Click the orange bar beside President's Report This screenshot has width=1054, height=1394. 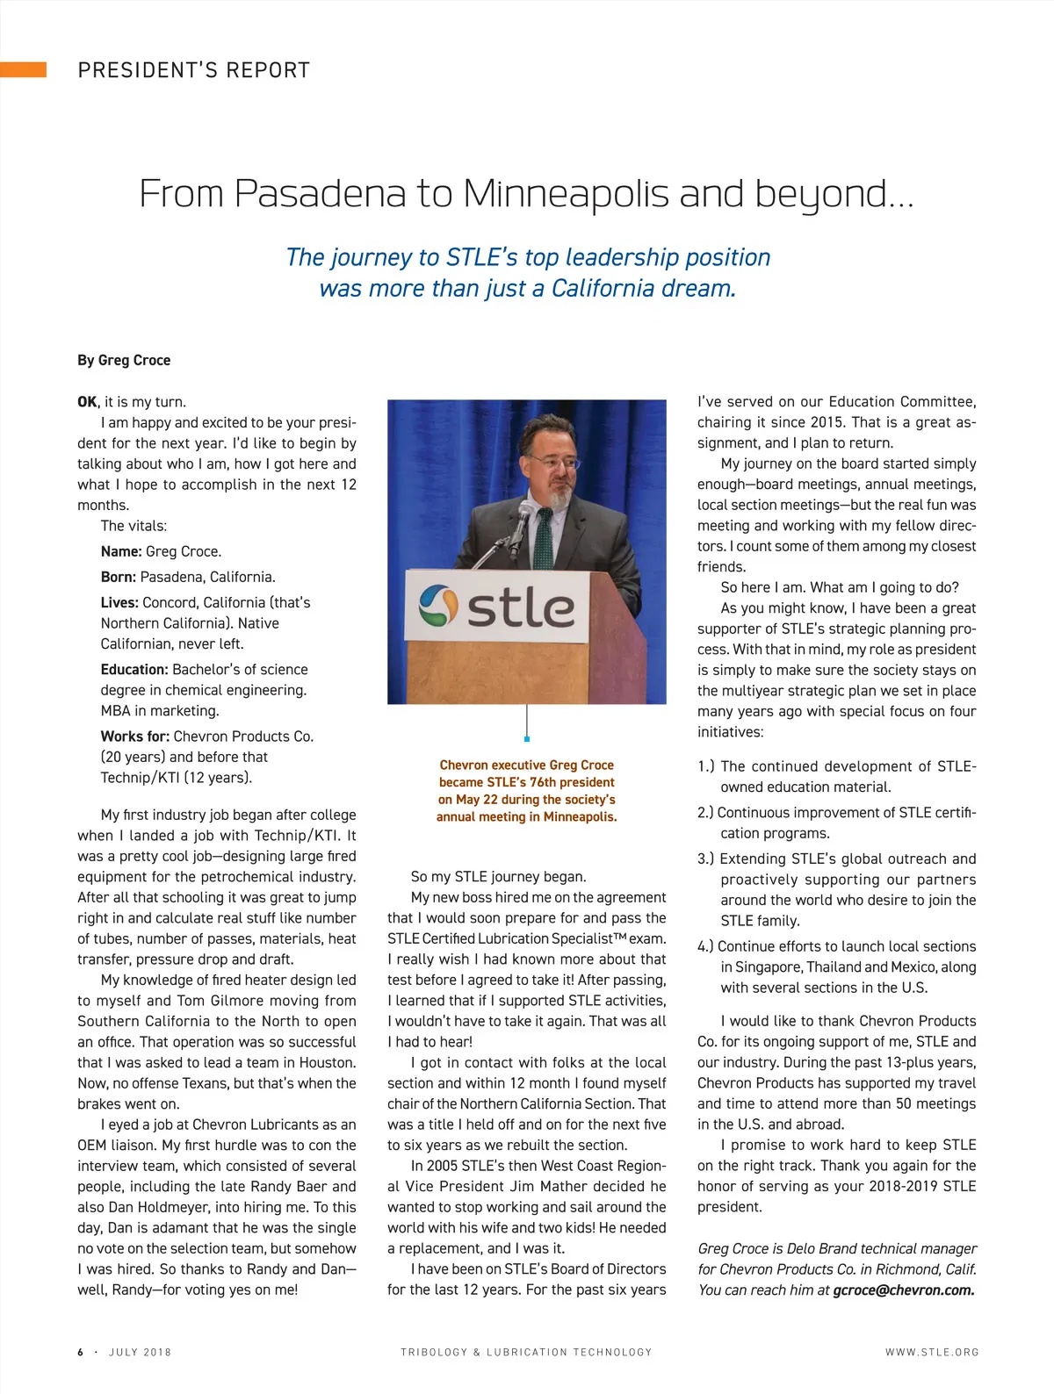click(x=23, y=70)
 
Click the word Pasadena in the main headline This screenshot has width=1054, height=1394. click(x=320, y=193)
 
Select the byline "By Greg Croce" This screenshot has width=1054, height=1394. click(x=124, y=360)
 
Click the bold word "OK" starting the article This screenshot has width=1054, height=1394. click(x=87, y=402)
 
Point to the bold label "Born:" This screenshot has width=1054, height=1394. click(x=119, y=577)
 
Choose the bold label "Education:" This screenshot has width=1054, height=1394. click(x=134, y=669)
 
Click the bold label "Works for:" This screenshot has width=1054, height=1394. click(x=135, y=736)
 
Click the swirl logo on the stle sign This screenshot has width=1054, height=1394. click(x=438, y=606)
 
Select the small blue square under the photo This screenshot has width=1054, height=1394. click(x=527, y=739)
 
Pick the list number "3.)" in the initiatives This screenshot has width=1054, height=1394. click(x=706, y=859)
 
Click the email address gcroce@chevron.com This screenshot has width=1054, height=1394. click(x=903, y=1290)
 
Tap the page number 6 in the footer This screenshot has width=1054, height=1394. click(x=81, y=1352)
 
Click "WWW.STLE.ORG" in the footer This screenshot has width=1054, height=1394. click(x=931, y=1352)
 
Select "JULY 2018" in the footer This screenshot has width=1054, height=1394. click(x=140, y=1352)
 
